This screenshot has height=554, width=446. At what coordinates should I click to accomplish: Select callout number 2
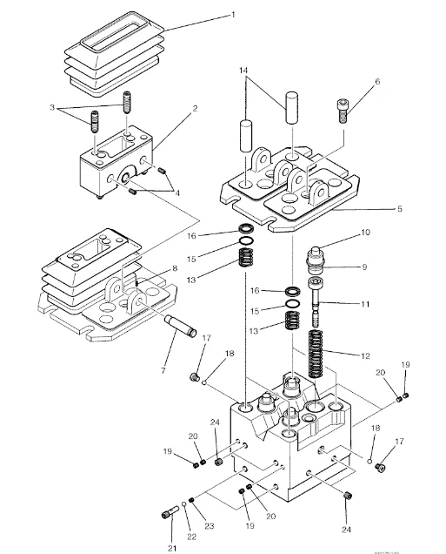[x=195, y=109]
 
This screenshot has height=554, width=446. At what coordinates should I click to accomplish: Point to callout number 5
[x=376, y=209]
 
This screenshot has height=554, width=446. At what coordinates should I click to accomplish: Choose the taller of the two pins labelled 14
[x=290, y=109]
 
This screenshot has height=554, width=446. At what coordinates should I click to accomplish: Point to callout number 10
[x=366, y=233]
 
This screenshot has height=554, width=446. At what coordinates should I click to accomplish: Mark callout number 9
[x=366, y=267]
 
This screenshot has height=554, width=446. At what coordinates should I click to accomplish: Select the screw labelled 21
[x=166, y=513]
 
